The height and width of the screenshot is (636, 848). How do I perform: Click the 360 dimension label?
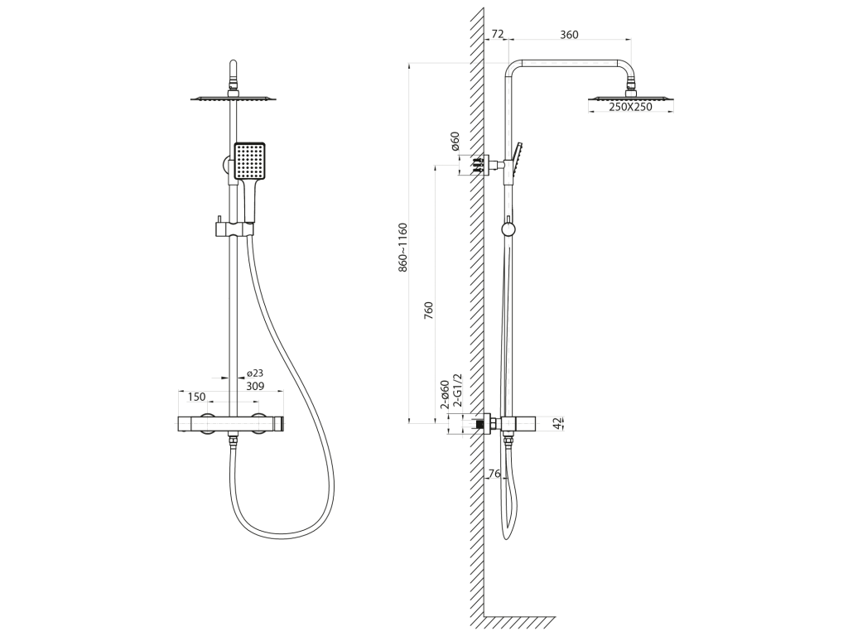pyautogui.click(x=569, y=35)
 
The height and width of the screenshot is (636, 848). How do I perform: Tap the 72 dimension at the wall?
pyautogui.click(x=497, y=34)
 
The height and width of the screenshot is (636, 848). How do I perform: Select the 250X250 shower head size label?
pyautogui.click(x=630, y=107)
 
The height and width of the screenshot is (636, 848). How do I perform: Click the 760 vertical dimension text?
pyautogui.click(x=429, y=311)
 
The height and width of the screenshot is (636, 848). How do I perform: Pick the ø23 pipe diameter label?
pyautogui.click(x=255, y=373)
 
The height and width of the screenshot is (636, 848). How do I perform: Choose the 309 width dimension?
pyautogui.click(x=255, y=386)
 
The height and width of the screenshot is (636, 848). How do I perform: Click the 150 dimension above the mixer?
pyautogui.click(x=196, y=397)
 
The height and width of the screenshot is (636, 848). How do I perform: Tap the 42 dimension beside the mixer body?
pyautogui.click(x=557, y=423)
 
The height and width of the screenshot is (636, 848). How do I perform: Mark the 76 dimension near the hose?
pyautogui.click(x=494, y=474)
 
